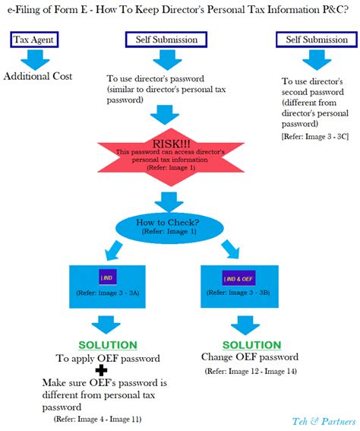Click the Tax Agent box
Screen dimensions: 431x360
[x=35, y=40]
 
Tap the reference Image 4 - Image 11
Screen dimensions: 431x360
[x=96, y=419]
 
